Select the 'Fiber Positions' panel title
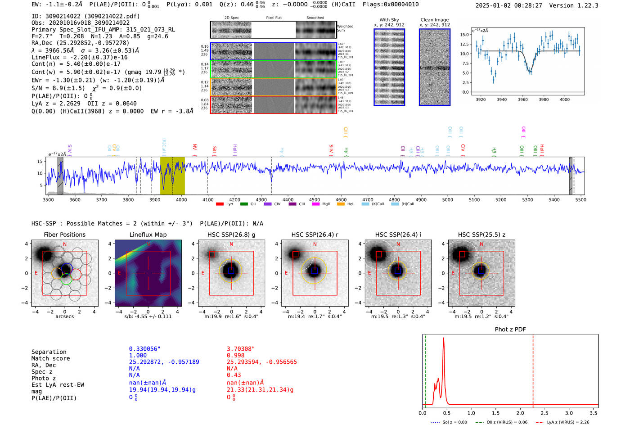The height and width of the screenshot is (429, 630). (64, 235)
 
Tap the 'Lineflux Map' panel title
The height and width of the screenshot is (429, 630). (148, 235)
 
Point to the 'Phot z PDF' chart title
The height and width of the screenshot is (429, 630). (510, 329)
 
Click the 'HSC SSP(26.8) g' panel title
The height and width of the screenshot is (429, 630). (231, 235)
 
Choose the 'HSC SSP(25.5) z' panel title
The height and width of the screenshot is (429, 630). (481, 235)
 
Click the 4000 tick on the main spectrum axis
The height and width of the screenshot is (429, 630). (181, 199)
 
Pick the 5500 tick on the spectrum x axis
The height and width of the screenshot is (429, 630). (580, 199)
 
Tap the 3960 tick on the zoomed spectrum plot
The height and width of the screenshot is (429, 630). (522, 99)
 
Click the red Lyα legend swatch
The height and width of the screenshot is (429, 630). (220, 204)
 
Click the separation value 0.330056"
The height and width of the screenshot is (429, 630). (145, 349)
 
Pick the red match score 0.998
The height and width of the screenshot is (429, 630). (236, 356)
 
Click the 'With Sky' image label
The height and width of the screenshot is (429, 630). (389, 20)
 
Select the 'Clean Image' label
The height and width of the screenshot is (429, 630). (434, 20)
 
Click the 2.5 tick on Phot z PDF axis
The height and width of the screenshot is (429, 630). (544, 413)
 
